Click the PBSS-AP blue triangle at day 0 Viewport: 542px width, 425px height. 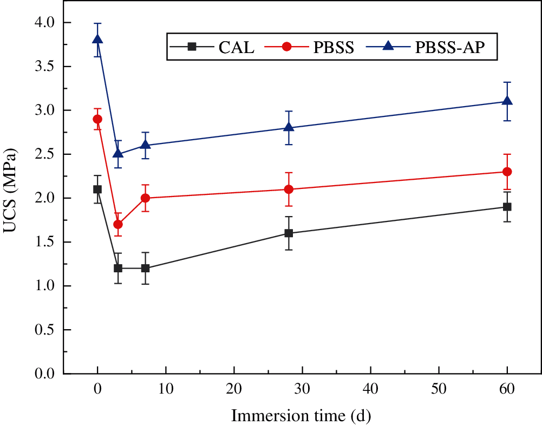(97, 40)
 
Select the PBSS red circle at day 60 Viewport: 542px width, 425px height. (507, 172)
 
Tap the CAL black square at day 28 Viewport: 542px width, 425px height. (289, 233)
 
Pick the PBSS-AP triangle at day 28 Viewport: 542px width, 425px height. (289, 128)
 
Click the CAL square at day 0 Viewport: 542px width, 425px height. (97, 189)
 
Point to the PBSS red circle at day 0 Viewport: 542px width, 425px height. (97, 119)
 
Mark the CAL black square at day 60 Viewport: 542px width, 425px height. (507, 207)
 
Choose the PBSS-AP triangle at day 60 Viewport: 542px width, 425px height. (507, 101)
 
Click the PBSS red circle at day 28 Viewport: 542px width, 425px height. (289, 189)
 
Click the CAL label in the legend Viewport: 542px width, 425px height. (237, 47)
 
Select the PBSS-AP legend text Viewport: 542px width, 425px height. (449, 47)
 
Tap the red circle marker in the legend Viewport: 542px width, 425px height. (287, 47)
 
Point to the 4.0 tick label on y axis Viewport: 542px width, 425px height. (44, 23)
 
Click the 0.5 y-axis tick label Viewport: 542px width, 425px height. (44, 330)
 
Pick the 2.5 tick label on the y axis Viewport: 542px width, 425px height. (44, 154)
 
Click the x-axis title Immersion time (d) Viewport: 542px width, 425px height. (302, 416)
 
